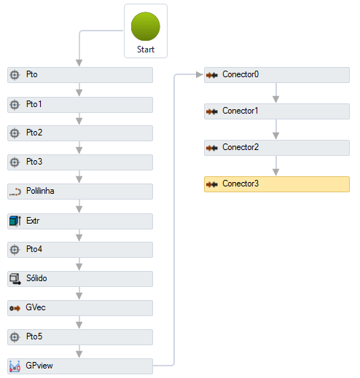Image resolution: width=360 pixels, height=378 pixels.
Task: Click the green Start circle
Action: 146,26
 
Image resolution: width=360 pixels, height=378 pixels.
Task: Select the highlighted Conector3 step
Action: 277,184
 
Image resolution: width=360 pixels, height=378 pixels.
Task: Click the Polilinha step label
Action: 40,191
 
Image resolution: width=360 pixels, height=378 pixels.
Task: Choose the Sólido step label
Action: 36,278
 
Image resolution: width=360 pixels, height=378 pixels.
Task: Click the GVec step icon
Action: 15,308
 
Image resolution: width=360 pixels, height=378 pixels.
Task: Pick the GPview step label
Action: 39,366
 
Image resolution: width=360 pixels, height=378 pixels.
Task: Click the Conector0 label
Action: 240,74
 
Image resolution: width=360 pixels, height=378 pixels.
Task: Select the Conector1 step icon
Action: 212,111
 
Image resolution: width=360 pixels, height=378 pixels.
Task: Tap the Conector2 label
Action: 240,147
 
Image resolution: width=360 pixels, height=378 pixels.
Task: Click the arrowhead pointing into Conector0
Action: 200,74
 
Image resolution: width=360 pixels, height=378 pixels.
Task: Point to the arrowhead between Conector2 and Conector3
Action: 275,172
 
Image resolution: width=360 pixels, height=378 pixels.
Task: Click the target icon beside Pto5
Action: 15,337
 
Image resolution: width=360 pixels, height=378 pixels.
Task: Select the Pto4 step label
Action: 34,249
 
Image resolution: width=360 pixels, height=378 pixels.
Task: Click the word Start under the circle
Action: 146,50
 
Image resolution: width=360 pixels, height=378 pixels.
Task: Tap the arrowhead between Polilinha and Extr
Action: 79,209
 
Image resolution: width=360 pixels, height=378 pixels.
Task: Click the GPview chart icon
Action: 15,366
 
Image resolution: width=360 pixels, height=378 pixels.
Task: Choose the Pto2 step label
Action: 34,133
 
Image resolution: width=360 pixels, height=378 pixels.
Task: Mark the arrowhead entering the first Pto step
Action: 79,63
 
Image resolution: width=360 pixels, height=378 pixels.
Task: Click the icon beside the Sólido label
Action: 15,279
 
